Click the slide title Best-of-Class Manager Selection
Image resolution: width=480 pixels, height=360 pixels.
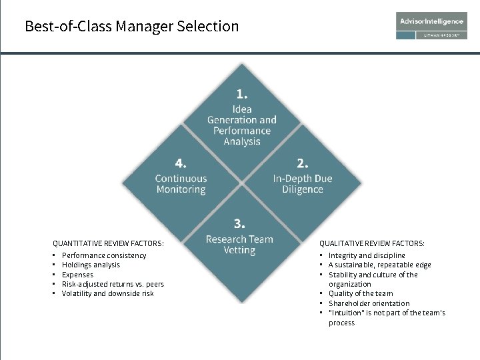[131, 27]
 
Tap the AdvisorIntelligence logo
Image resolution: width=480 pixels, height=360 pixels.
[431, 21]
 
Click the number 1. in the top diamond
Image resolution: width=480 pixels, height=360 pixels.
[241, 94]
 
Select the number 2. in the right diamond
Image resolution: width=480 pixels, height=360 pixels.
[302, 163]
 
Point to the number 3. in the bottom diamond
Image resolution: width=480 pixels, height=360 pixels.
[239, 223]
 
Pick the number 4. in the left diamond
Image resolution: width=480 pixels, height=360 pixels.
[181, 163]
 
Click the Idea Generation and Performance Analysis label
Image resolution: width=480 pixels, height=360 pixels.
[241, 125]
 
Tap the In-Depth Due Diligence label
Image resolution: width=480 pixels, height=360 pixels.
[302, 184]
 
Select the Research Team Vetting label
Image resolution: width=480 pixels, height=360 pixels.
[239, 245]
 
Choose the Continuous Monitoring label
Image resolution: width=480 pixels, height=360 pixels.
[181, 184]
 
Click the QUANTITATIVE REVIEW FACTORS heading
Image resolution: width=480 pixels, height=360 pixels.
[108, 243]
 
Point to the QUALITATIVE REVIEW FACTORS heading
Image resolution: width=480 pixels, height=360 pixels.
[371, 243]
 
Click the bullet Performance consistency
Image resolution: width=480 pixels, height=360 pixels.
[104, 255]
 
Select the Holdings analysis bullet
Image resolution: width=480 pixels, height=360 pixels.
[91, 265]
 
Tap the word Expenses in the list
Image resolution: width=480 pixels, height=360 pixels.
[77, 275]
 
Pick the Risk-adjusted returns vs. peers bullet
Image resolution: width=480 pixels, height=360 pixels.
[113, 284]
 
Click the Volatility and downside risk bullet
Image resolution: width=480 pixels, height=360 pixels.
[107, 293]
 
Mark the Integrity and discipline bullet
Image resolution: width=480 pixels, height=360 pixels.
[367, 255]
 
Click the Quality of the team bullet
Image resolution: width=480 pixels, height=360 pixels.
[361, 293]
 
